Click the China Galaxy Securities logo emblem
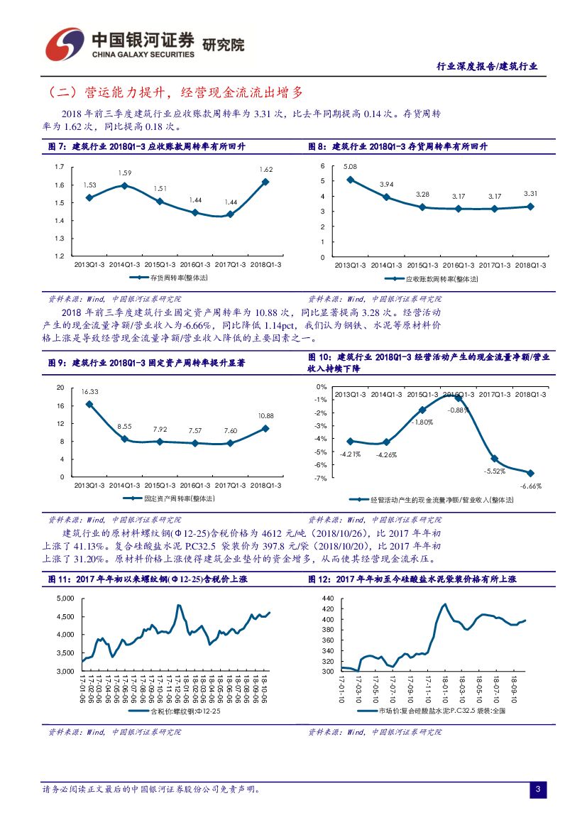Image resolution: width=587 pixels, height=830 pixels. pos(65,44)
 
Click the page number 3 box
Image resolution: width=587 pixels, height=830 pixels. pos(538,790)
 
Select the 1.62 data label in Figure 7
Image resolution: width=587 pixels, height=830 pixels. pos(266,170)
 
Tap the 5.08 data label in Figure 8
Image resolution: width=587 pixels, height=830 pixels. pos(350,167)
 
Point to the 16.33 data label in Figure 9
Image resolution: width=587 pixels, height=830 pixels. pos(89,392)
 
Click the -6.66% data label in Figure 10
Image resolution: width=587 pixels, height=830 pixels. pos(530,486)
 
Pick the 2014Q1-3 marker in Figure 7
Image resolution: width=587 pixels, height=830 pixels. pos(124,185)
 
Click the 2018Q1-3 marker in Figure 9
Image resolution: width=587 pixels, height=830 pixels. pos(265,428)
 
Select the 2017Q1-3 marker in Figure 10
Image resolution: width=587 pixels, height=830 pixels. pos(495,459)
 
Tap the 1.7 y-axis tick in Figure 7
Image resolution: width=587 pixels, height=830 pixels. pos(60,167)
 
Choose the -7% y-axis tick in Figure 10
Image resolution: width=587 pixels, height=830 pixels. pos(322,478)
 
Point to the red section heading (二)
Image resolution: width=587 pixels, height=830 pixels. pos(175,92)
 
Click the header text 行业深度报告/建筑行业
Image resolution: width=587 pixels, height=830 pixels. pos(486,66)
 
